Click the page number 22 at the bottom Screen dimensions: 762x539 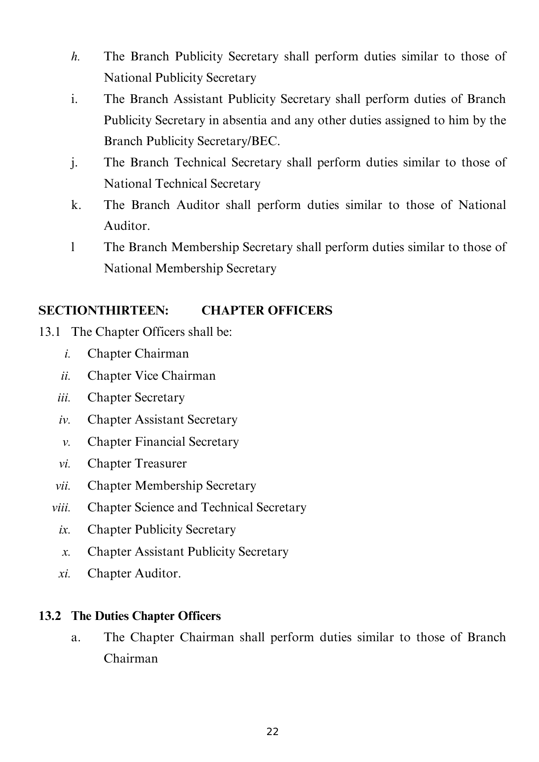tap(272, 732)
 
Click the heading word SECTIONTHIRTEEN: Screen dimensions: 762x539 tap(103, 311)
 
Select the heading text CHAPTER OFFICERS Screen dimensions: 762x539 tap(267, 311)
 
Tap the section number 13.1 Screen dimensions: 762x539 tap(49, 332)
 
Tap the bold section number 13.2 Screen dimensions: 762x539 tap(49, 616)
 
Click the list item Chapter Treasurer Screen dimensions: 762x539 tap(137, 464)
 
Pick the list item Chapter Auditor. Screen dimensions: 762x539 tap(134, 573)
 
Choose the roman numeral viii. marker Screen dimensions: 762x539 tap(61, 508)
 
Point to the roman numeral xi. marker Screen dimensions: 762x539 tap(64, 574)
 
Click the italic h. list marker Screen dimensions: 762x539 tap(75, 57)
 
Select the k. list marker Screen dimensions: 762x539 tap(76, 205)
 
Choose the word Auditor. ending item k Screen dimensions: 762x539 tap(127, 226)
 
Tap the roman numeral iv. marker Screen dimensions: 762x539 tap(64, 420)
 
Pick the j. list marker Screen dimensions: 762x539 tap(74, 163)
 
